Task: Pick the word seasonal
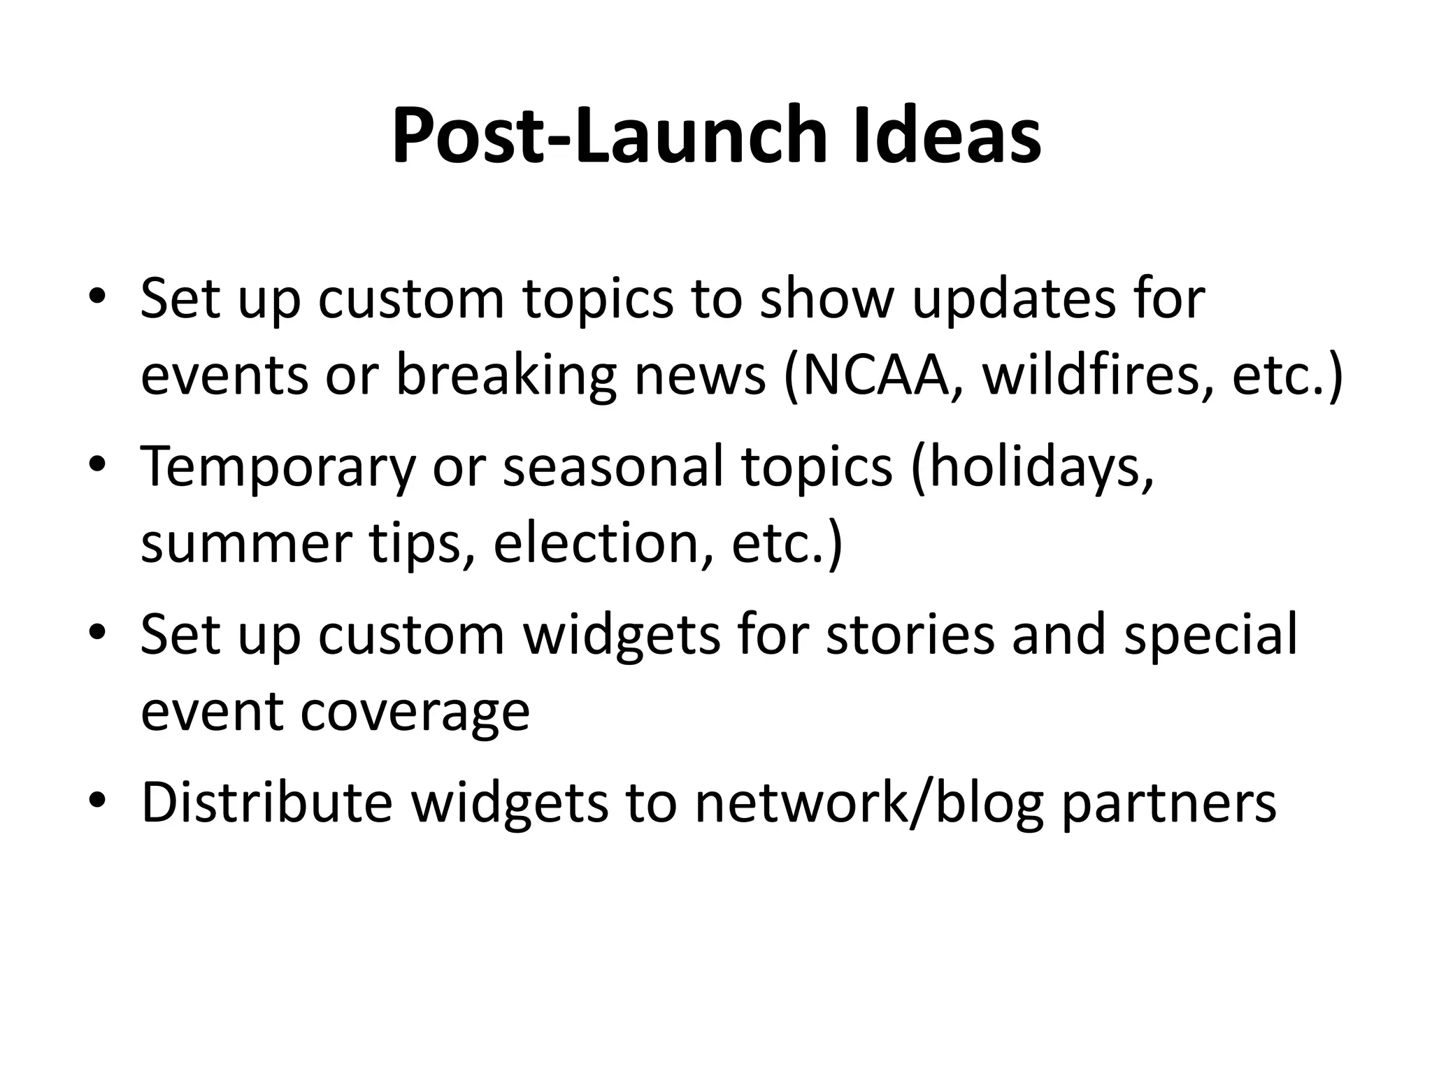613,467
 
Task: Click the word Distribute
266,802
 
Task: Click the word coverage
415,711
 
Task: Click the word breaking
506,375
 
